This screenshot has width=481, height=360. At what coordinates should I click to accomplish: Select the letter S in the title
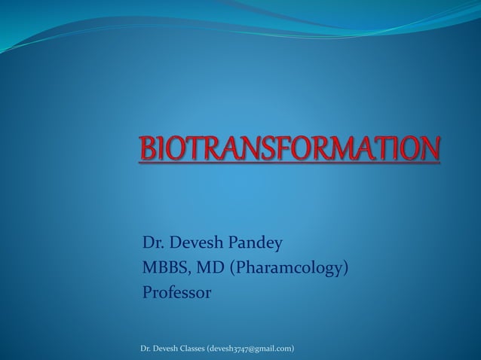[x=280, y=148]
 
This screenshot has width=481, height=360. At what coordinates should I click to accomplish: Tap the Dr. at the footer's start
[x=146, y=348]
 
